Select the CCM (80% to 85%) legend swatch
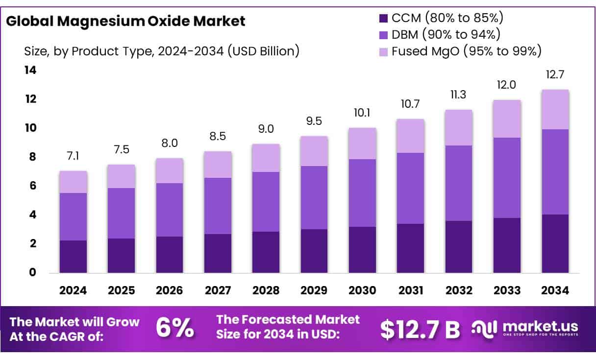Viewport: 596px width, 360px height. [383, 19]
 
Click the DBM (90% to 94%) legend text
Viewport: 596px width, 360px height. [446, 34]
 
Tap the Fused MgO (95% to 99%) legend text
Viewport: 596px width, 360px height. [466, 50]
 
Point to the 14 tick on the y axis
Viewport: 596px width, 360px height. [30, 71]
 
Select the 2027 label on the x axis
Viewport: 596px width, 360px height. [218, 290]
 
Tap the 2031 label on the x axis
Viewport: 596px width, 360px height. [411, 290]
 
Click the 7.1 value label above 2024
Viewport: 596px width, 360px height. [73, 156]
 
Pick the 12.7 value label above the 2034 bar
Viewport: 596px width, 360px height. [555, 75]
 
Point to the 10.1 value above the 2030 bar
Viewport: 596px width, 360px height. [362, 113]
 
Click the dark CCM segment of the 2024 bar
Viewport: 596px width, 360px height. [73, 256]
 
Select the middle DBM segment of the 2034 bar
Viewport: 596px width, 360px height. [555, 171]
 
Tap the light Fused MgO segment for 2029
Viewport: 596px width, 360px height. [314, 151]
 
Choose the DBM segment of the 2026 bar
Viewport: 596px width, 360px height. [170, 210]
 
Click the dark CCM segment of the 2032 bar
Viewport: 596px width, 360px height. [459, 246]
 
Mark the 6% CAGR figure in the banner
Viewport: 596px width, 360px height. [174, 329]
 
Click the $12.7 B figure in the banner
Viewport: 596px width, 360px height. [420, 330]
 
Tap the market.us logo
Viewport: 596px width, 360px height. [524, 328]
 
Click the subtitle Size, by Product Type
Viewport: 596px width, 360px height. [162, 51]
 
